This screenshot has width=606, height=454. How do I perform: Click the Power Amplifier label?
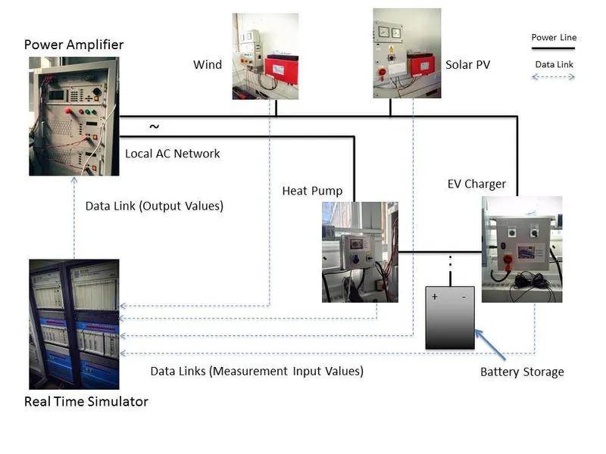tap(73, 44)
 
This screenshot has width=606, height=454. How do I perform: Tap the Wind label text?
tap(208, 64)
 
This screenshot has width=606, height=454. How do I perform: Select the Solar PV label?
tap(467, 64)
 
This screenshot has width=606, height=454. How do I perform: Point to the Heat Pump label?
tap(312, 191)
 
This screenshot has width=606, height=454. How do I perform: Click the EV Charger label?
tap(476, 184)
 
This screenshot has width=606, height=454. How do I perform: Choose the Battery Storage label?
tap(522, 372)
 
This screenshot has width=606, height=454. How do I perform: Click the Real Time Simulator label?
tap(86, 401)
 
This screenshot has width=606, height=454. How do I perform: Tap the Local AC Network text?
tap(172, 154)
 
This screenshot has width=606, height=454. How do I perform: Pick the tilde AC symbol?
tap(155, 126)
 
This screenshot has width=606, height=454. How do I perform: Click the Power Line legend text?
tap(554, 37)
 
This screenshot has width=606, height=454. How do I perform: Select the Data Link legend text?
tap(554, 64)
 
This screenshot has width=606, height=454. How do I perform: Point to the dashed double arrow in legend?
tap(554, 76)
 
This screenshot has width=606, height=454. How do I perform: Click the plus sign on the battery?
tap(435, 297)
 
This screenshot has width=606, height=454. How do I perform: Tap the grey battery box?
tap(450, 318)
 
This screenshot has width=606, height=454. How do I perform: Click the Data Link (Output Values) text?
tap(154, 206)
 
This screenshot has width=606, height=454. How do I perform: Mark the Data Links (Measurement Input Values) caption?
tap(257, 371)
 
